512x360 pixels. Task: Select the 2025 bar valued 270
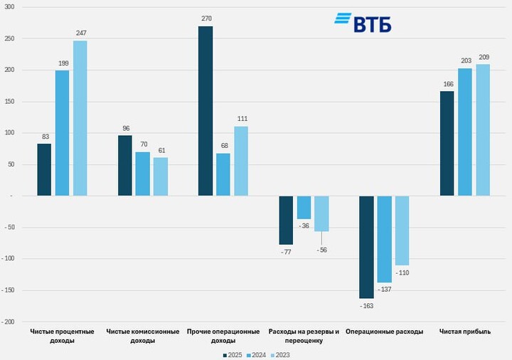pos(206,110)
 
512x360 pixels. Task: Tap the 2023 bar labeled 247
pos(80,117)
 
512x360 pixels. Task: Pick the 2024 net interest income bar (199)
pos(62,132)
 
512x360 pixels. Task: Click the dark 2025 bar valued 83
pos(44,169)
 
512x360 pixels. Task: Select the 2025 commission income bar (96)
pos(124,165)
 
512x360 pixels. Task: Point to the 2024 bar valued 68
pos(223,174)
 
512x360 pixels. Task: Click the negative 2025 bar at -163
pos(366,247)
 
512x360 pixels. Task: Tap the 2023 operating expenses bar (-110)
pos(402,231)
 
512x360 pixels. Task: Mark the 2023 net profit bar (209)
pos(483,129)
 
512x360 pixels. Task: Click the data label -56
pos(321,250)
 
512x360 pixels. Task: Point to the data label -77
pos(286,252)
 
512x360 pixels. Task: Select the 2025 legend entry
pos(233,354)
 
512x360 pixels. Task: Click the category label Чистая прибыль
pos(464,332)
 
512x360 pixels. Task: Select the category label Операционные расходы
pos(384,332)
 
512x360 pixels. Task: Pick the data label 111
pos(241,120)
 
